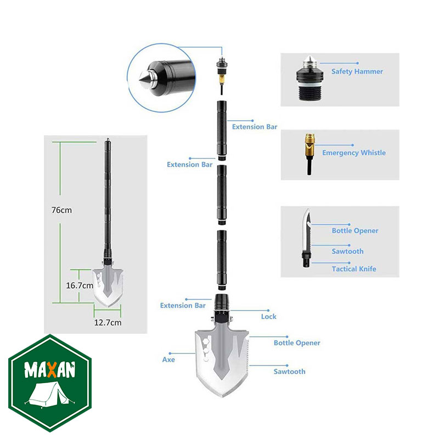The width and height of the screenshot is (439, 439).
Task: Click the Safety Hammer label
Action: coord(357,71)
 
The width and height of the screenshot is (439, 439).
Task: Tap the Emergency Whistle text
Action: coord(354,153)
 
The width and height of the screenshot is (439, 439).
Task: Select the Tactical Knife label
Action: coord(354,269)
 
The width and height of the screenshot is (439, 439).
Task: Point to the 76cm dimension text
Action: coord(61,210)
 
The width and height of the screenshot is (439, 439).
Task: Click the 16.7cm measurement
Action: coord(80,285)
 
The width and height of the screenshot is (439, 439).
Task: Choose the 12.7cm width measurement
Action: coord(108,323)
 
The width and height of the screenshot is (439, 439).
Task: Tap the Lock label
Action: coord(269,317)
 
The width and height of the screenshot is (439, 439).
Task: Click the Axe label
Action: coord(168,359)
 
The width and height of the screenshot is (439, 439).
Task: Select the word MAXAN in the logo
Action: coord(50,370)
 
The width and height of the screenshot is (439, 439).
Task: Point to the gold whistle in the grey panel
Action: coord(309,143)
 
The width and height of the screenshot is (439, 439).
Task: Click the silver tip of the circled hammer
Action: coord(144,80)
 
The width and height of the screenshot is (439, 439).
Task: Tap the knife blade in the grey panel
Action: coord(307,229)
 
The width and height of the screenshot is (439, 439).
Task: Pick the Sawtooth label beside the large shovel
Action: coord(290,372)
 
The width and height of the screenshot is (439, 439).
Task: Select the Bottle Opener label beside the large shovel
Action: coord(297,342)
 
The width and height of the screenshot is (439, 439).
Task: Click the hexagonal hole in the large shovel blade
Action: coord(206,341)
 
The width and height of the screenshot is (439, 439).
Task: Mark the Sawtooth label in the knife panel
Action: coord(348,251)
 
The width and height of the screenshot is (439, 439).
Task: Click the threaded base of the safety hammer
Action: coord(309,93)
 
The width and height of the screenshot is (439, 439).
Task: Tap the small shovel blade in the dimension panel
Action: coord(108,288)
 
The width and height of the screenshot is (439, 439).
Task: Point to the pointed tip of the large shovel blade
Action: coord(222,397)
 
